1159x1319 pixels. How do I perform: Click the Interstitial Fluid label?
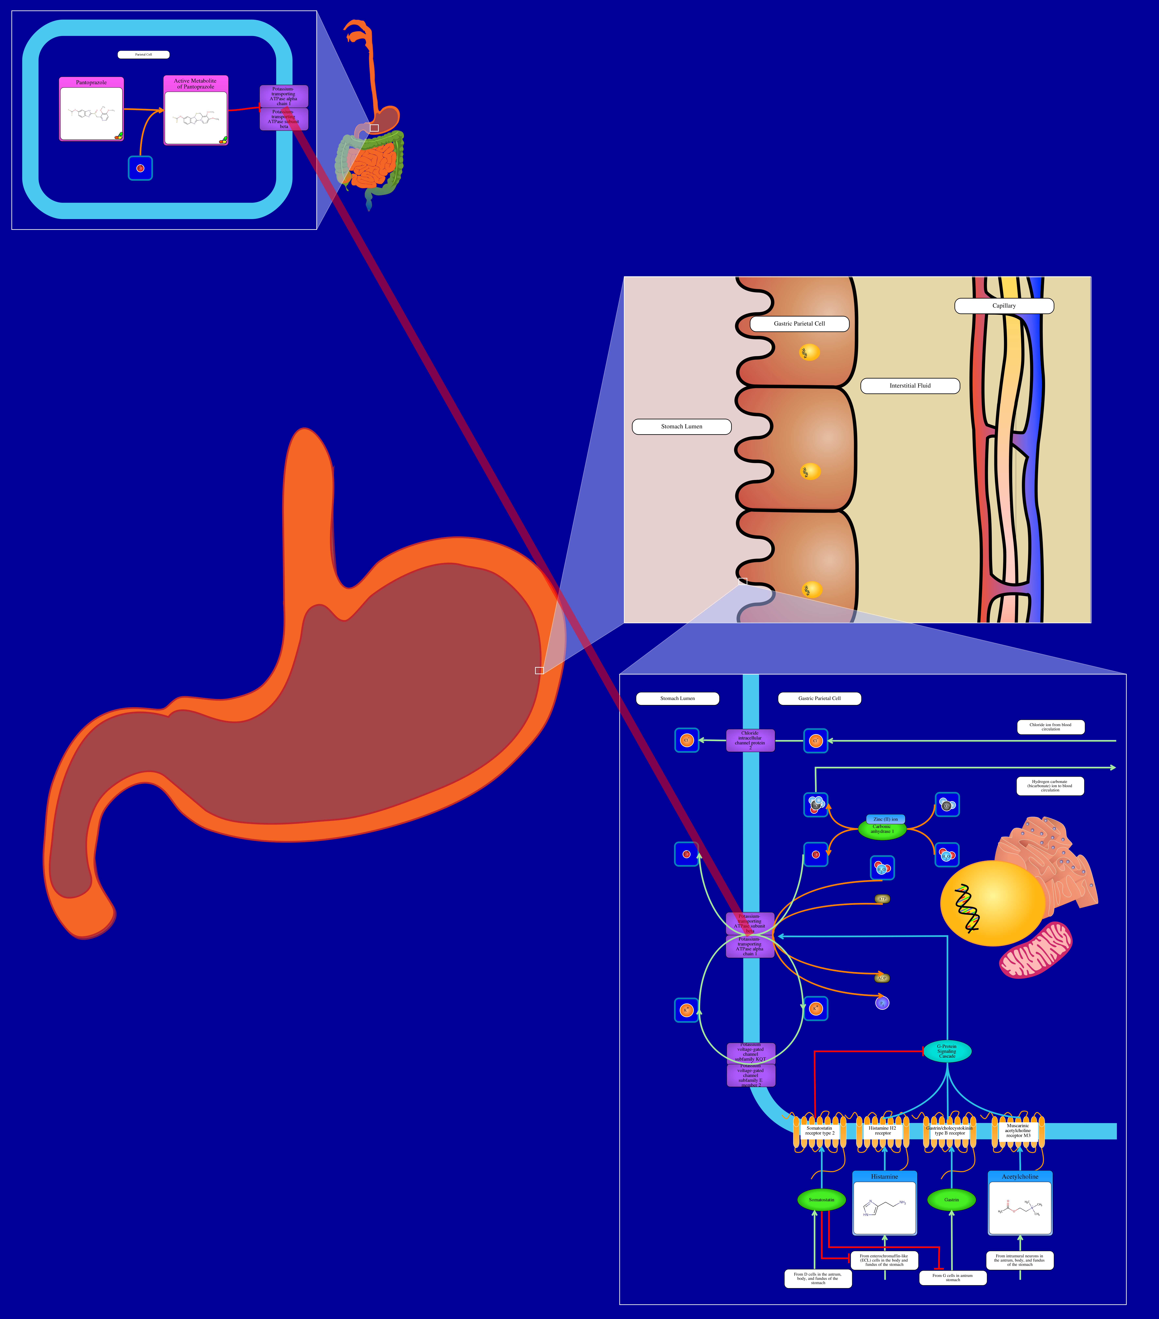(910, 386)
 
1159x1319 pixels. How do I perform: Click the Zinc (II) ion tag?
(885, 819)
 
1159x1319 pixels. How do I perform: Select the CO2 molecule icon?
(947, 805)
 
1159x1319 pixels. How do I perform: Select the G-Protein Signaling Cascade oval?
(947, 1051)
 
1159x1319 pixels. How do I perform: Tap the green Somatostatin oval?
(821, 1200)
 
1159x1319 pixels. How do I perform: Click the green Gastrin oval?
(951, 1200)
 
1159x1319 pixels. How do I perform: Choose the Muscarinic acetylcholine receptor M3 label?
(1018, 1131)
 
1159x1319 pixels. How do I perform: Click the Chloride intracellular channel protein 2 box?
(750, 740)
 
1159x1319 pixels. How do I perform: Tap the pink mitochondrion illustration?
(1036, 949)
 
